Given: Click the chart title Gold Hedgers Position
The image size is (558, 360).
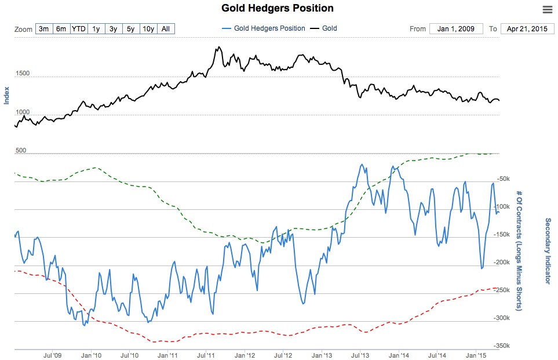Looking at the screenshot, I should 278,8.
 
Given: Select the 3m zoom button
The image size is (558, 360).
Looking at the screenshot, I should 44,28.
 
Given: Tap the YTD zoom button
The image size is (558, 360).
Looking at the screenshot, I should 79,28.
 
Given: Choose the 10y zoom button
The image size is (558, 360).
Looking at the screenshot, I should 148,28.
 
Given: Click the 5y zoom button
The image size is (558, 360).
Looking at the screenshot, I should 130,28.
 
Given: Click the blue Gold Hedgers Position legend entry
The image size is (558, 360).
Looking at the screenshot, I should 263,28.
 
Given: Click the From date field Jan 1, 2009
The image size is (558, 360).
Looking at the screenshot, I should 456,28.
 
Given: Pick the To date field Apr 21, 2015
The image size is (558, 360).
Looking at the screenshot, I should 527,28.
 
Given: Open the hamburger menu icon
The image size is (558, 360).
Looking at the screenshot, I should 548,9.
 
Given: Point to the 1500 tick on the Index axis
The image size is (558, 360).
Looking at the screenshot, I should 23,74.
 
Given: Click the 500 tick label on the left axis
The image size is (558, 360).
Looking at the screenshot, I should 21,150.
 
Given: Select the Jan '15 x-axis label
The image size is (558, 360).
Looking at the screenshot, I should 476,354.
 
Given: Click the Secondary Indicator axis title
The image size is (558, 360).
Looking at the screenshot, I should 548,251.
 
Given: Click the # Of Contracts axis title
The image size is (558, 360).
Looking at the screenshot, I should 520,251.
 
